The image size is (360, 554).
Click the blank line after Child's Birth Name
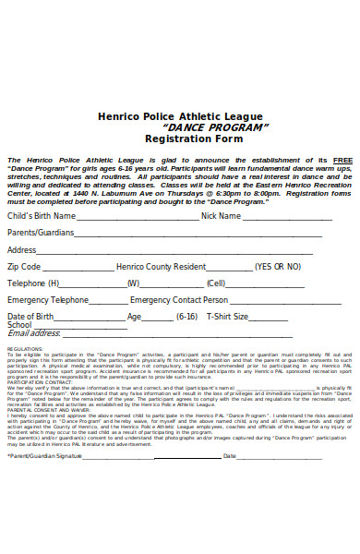(x=138, y=218)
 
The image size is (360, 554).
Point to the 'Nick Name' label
(x=221, y=216)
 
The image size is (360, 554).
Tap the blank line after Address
(x=175, y=251)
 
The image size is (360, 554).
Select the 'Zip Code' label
(x=24, y=266)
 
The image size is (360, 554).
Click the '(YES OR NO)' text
(x=278, y=266)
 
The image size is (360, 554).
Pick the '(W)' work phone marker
(x=133, y=283)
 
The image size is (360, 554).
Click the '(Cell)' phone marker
(x=216, y=283)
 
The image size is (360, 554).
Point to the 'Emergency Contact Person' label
(x=179, y=300)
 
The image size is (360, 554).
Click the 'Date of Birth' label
(x=30, y=317)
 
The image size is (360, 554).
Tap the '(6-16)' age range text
(x=186, y=317)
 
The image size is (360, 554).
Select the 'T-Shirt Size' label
(x=227, y=317)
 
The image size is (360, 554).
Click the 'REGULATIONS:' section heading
(x=25, y=350)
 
